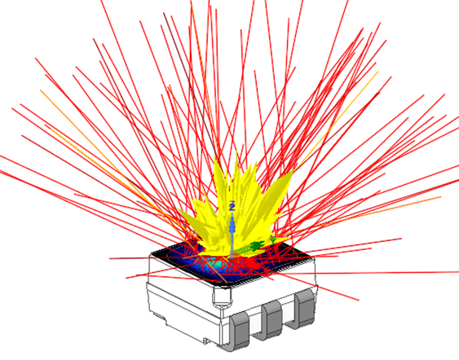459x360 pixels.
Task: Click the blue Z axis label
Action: click(x=232, y=205)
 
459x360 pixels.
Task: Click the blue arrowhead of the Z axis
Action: click(x=232, y=225)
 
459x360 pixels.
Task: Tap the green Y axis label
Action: click(x=273, y=241)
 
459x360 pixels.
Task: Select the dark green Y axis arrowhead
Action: click(x=258, y=245)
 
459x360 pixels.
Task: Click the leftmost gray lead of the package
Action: click(x=240, y=331)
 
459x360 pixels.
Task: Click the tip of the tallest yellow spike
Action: click(x=236, y=151)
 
